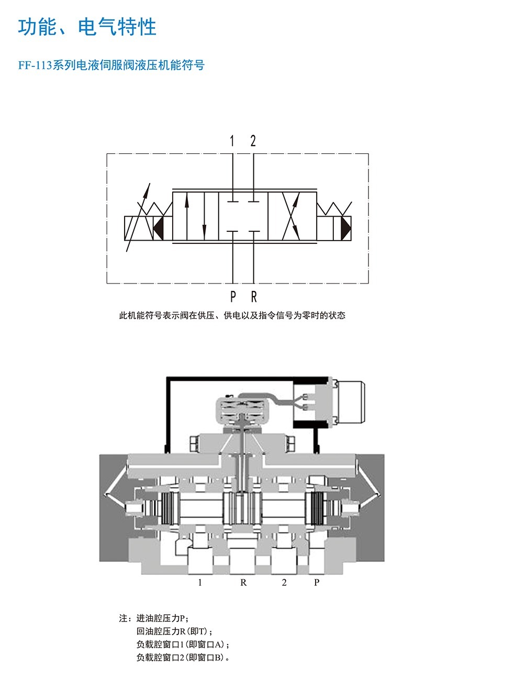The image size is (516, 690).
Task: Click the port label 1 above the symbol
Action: [232, 141]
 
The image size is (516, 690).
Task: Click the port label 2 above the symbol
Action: [253, 141]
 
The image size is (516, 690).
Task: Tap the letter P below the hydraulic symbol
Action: [233, 297]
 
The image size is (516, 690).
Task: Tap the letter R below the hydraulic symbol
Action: [254, 297]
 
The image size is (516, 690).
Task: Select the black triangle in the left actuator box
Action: [159, 228]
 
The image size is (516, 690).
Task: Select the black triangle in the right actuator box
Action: [346, 228]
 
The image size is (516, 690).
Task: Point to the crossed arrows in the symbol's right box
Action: [291, 216]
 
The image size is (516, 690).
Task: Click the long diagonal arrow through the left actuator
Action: [138, 217]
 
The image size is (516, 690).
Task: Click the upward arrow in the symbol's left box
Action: [187, 216]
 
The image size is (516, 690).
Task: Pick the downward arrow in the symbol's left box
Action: [204, 216]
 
